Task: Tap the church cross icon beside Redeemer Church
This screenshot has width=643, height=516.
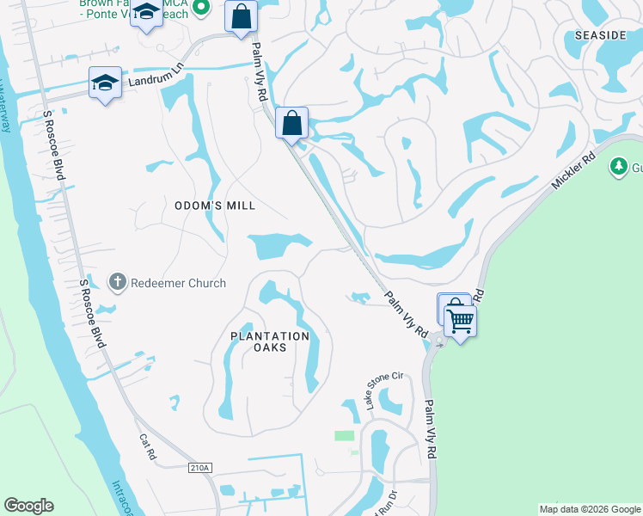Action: click(118, 282)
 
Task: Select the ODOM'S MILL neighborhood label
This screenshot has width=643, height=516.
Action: click(215, 206)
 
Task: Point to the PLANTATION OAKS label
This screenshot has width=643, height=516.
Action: click(270, 336)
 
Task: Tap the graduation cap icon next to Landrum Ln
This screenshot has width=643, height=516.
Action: click(105, 83)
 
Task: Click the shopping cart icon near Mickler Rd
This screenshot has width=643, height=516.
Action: click(461, 321)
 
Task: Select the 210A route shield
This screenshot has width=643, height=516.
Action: click(199, 467)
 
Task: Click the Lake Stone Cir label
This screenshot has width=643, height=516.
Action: click(384, 390)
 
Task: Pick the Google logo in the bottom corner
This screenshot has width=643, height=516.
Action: click(28, 506)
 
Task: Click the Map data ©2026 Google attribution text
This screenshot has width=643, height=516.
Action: click(590, 509)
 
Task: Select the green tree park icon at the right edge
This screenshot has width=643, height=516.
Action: click(617, 165)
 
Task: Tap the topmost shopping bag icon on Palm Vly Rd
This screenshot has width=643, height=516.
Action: click(242, 15)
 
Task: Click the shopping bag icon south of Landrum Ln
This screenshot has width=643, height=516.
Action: click(291, 122)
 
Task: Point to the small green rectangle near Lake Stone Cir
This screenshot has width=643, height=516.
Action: click(344, 436)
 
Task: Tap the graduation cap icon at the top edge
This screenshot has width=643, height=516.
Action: click(147, 13)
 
